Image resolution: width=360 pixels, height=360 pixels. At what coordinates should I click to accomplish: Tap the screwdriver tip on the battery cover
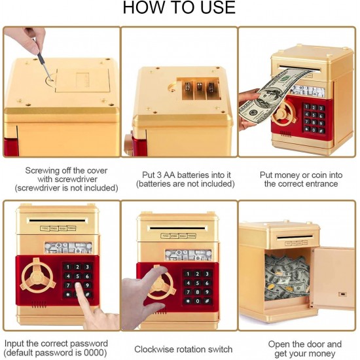point(51,80)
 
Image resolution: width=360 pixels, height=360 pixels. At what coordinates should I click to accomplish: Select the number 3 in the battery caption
point(159,175)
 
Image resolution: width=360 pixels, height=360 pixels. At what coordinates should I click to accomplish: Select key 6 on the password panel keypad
point(87,276)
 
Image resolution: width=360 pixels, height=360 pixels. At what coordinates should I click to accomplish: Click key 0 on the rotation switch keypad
point(198,301)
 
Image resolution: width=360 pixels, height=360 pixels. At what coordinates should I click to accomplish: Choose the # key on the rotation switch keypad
point(207,301)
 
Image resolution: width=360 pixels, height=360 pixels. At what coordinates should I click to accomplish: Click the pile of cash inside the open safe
point(287,278)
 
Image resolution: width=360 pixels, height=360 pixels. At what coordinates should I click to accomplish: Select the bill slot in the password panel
point(57,221)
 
